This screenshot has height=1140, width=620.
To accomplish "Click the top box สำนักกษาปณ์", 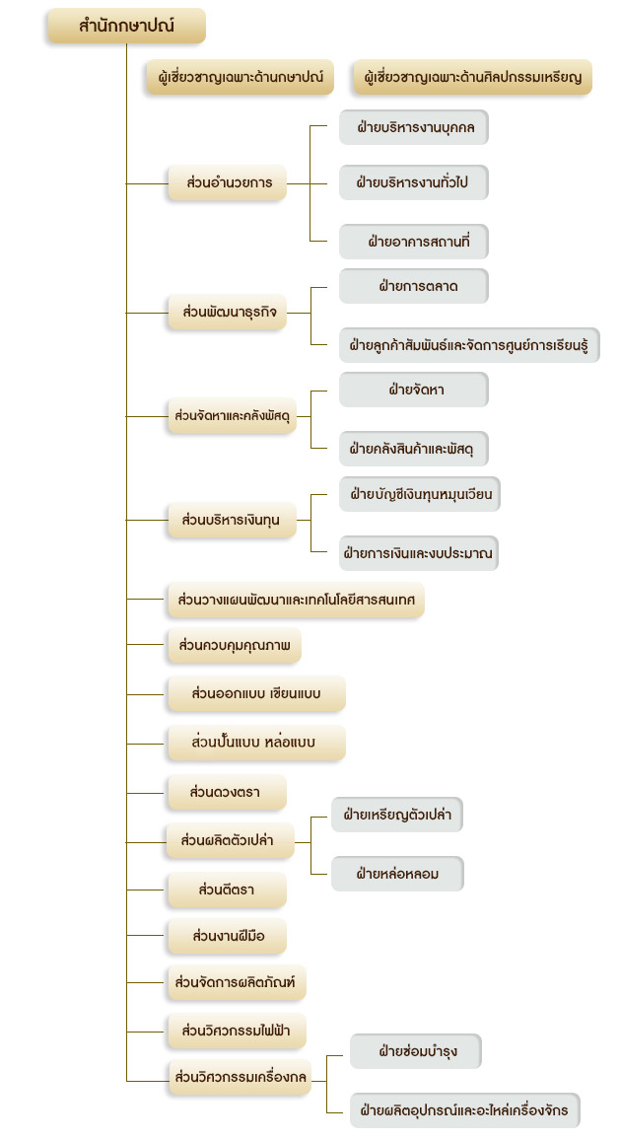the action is [x=126, y=27].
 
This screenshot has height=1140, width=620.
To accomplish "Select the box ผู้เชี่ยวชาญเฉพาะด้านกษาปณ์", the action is [x=240, y=77].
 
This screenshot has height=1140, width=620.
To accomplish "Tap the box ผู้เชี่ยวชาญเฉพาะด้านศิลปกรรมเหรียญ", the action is [x=472, y=77].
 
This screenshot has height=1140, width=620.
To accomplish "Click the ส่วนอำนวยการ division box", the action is [x=227, y=183].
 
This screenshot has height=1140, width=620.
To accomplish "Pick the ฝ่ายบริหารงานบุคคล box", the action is [x=414, y=128].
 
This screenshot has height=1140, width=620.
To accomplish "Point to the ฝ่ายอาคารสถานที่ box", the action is [x=414, y=242].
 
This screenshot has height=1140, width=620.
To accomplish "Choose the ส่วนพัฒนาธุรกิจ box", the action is [x=227, y=313].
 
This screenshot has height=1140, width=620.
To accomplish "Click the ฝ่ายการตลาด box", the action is [x=414, y=286].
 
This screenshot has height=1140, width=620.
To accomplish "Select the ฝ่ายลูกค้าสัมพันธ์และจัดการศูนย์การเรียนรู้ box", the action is [x=469, y=344].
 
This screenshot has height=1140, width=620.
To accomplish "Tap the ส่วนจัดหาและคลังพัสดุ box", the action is [x=232, y=416].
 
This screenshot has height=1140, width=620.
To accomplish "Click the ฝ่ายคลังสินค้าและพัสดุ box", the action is [x=414, y=449].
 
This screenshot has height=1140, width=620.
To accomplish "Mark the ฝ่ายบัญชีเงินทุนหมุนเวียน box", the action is [x=419, y=494].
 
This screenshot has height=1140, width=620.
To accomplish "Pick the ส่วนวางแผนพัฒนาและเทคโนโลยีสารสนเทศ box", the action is [x=296, y=601].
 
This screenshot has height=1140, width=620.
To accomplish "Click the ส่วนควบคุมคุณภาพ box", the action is [x=234, y=646].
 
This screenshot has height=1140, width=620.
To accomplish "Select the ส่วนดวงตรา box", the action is [x=227, y=793].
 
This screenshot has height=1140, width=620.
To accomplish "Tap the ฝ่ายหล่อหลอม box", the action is [x=397, y=874].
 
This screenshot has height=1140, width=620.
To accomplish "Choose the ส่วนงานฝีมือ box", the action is [x=227, y=937].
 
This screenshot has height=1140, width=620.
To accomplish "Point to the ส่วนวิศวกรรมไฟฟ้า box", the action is [x=237, y=1031].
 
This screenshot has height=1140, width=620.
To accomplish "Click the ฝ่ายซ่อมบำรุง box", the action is [x=416, y=1051].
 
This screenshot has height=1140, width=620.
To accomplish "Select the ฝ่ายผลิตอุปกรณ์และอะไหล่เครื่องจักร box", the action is [x=465, y=1110].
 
